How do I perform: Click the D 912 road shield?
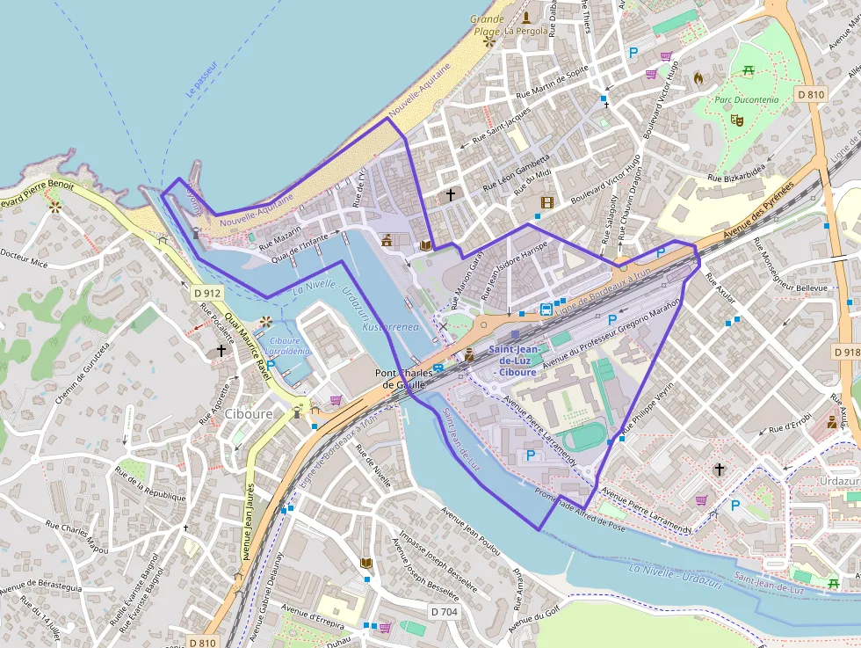pos(207,293)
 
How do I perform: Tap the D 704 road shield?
pos(445,611)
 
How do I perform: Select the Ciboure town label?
pos(249,414)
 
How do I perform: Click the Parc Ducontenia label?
pos(746,100)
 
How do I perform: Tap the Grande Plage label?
pos(487,25)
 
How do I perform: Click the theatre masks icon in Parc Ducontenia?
pos(736,118)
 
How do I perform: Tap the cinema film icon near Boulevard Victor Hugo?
pos(547,203)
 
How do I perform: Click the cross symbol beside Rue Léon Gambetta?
pos(451,194)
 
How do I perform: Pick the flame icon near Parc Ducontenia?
pos(698,77)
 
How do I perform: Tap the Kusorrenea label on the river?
pos(378,326)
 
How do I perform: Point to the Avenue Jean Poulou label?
pos(470,532)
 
